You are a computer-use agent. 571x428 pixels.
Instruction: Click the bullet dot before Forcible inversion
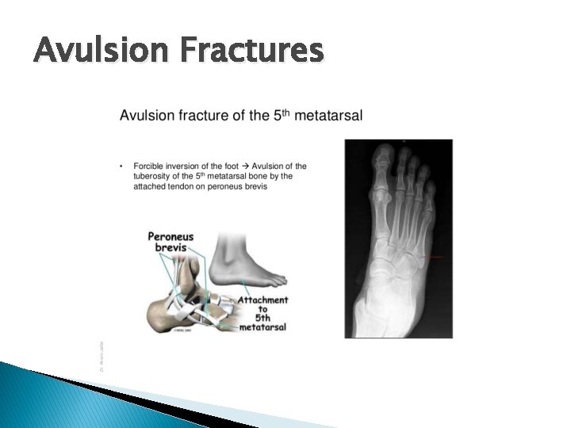121,166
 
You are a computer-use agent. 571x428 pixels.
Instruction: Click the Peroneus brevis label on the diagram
171,242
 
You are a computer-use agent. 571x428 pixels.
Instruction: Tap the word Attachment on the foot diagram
263,300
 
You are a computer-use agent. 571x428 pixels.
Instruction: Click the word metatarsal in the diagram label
263,326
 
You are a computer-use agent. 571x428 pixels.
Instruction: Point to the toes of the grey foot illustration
274,280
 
